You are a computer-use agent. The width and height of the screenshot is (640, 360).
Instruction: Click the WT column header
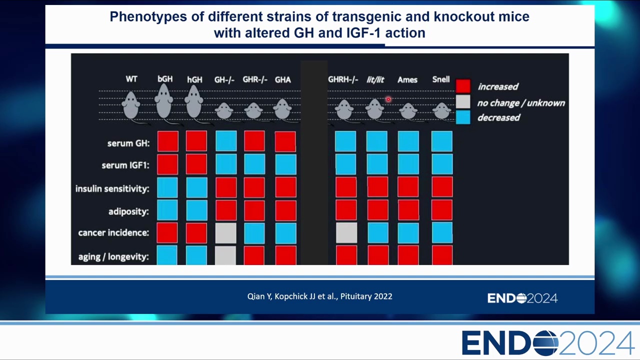131,79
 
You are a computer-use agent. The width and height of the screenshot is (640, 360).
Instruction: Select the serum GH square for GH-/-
226,141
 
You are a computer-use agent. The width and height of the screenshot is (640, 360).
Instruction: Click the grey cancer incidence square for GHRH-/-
346,233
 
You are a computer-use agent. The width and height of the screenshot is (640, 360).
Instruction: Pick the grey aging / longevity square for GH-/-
225,255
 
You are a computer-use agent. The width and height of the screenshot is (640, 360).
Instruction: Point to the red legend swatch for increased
463,86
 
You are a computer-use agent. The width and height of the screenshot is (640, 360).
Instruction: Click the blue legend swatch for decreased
463,117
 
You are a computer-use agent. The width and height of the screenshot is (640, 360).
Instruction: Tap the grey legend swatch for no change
463,101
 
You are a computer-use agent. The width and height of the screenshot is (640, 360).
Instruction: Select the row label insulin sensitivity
112,188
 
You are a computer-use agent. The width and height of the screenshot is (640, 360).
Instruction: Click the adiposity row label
128,211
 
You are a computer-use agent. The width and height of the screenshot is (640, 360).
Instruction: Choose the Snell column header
441,79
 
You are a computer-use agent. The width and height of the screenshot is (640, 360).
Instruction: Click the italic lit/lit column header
375,79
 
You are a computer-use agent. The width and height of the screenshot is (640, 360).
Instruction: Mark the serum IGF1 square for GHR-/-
254,164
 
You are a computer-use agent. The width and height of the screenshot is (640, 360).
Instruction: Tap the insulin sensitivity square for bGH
167,187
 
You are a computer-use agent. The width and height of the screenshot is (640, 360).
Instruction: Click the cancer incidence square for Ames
408,233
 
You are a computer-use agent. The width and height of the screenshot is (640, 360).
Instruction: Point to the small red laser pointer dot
388,99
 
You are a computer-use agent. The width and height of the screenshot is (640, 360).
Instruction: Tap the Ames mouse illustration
408,111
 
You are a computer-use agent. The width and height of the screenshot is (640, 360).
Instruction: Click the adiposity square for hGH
196,210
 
